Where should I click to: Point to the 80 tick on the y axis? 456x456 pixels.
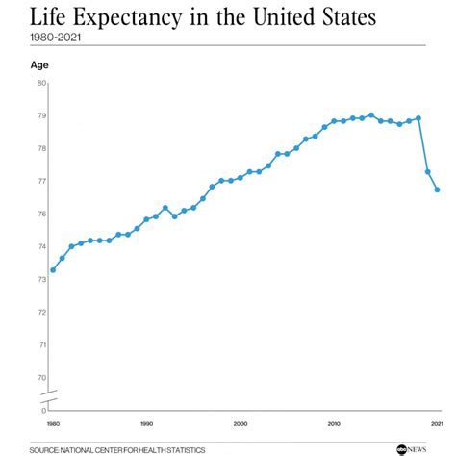[x=41, y=83]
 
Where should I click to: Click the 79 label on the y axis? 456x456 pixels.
[x=41, y=115]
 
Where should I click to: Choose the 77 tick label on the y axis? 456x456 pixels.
[x=41, y=181]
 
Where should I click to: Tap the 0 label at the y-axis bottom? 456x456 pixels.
[x=43, y=410]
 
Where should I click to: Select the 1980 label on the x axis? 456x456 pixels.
[x=52, y=423]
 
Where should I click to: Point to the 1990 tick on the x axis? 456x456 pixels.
[x=146, y=423]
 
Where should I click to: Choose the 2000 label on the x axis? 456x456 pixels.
[x=241, y=423]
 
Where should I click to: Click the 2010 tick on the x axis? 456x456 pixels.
[x=334, y=423]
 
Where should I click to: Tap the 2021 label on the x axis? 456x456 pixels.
[x=438, y=423]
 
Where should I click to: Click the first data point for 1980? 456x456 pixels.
[x=53, y=269]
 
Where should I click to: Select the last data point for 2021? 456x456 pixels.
[x=438, y=190]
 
